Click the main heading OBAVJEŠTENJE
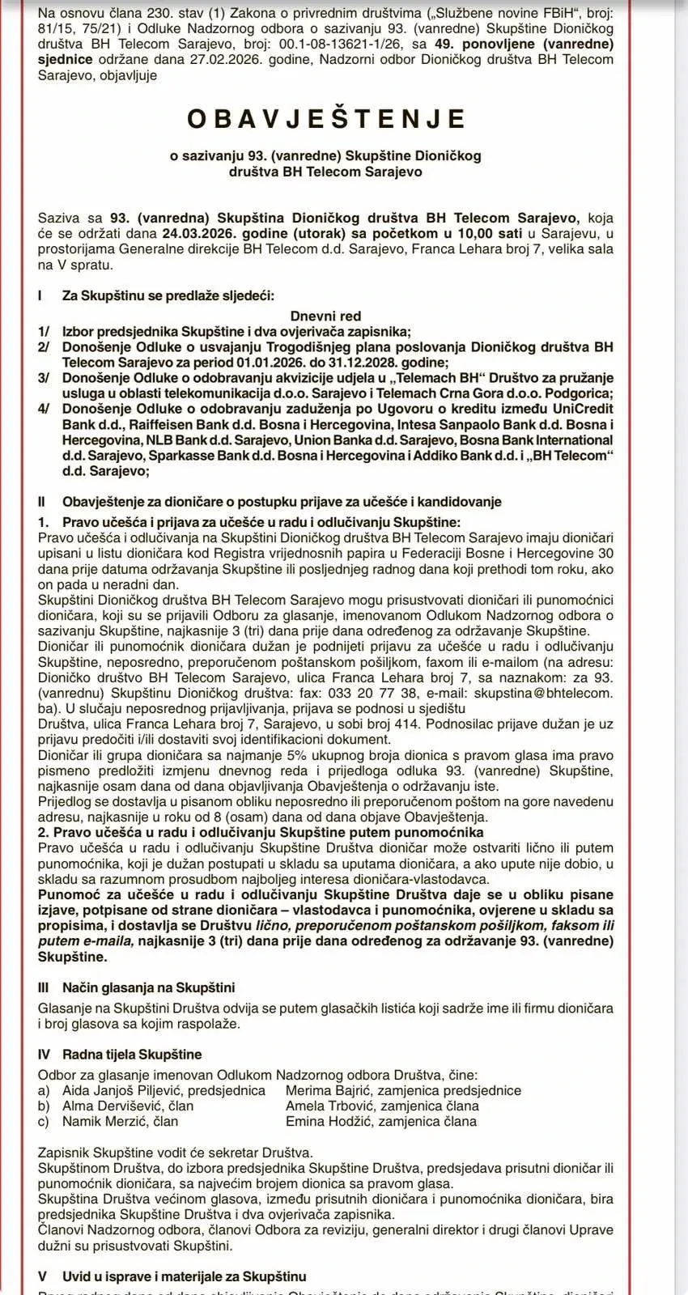[x=326, y=119]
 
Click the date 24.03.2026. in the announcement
[x=195, y=234]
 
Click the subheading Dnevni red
[x=325, y=316]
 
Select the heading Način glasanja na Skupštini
[x=149, y=987]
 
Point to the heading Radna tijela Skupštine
[x=132, y=1054]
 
